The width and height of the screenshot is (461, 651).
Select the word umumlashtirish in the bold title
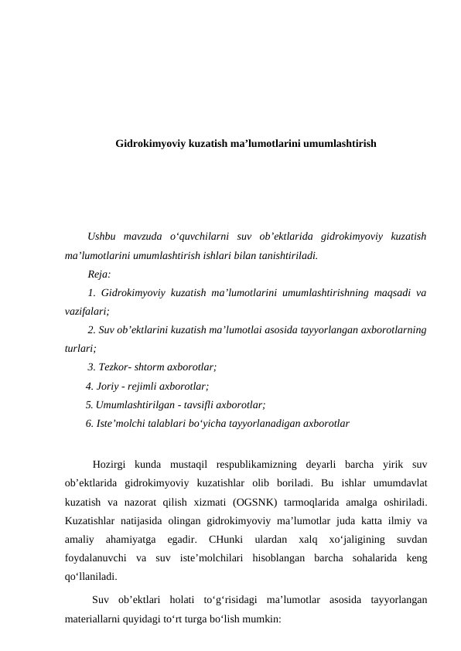[340, 144]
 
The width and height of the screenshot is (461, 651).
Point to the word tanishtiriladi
[288, 255]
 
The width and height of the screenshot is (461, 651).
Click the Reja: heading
[99, 274]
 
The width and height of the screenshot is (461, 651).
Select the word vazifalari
[87, 311]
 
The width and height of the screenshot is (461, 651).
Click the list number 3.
[91, 366]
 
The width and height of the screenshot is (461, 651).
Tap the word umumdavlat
[401, 483]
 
